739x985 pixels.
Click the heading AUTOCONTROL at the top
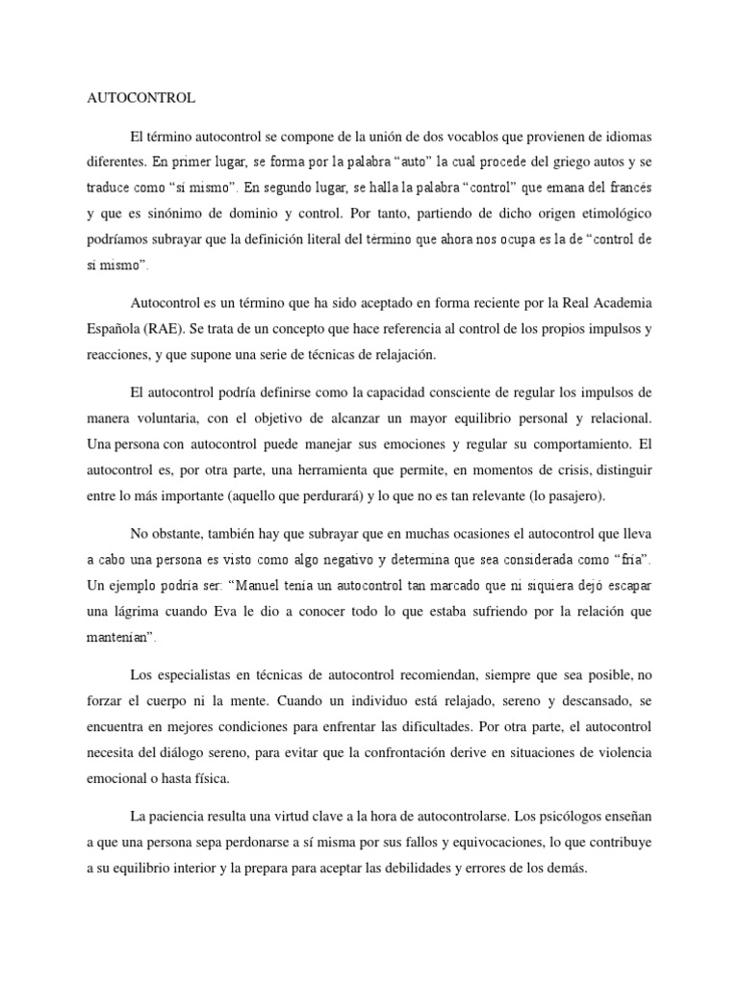141,98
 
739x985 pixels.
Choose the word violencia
623,751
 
